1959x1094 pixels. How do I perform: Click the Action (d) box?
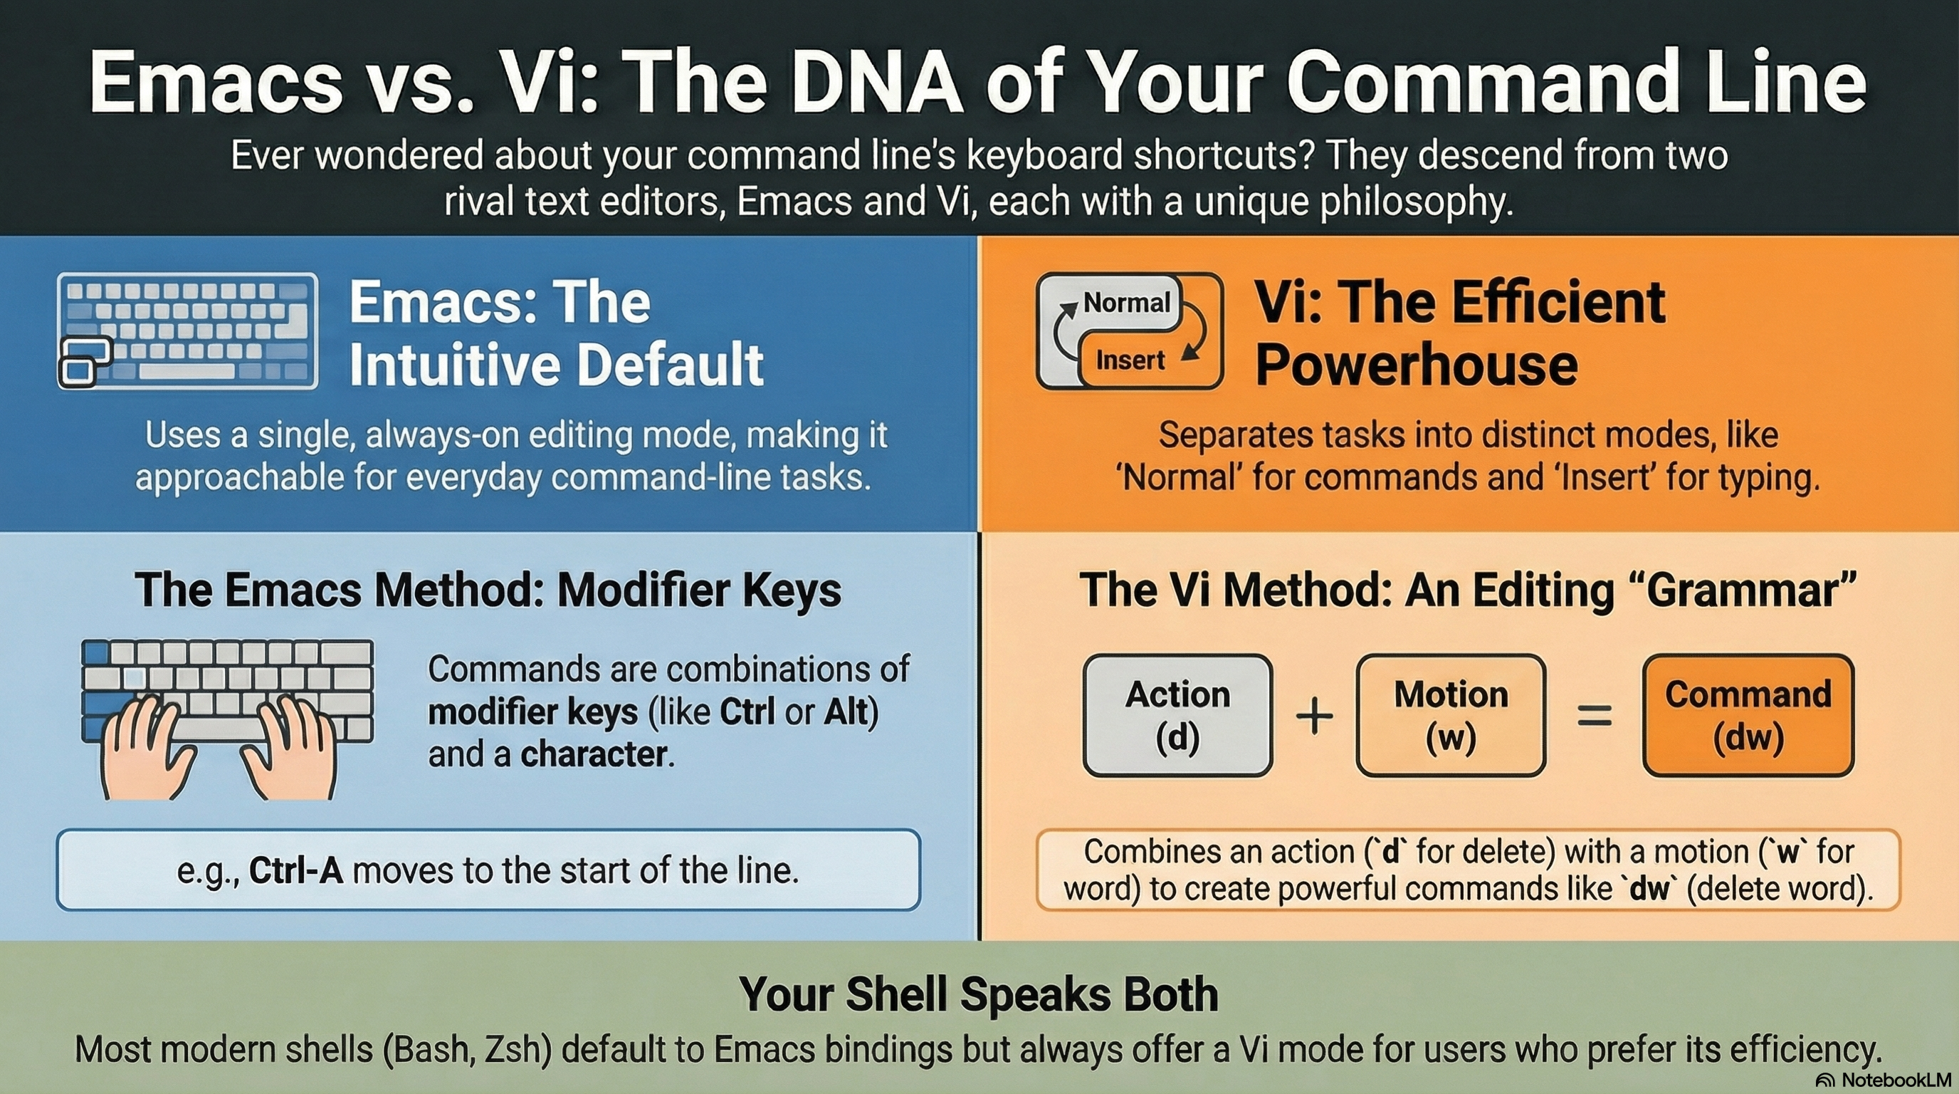1177,714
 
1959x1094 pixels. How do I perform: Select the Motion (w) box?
1450,714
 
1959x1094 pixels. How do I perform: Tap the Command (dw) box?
1748,714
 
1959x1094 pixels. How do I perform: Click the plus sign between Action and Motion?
1314,717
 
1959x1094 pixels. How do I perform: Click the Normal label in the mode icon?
1126,303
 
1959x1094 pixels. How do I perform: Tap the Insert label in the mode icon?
1130,360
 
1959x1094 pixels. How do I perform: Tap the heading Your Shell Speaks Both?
978,994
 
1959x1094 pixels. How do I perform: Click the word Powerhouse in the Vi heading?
1416,365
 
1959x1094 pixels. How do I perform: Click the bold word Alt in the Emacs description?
847,712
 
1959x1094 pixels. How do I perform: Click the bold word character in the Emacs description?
594,755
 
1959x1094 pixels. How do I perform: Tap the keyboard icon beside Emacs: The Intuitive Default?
187,331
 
